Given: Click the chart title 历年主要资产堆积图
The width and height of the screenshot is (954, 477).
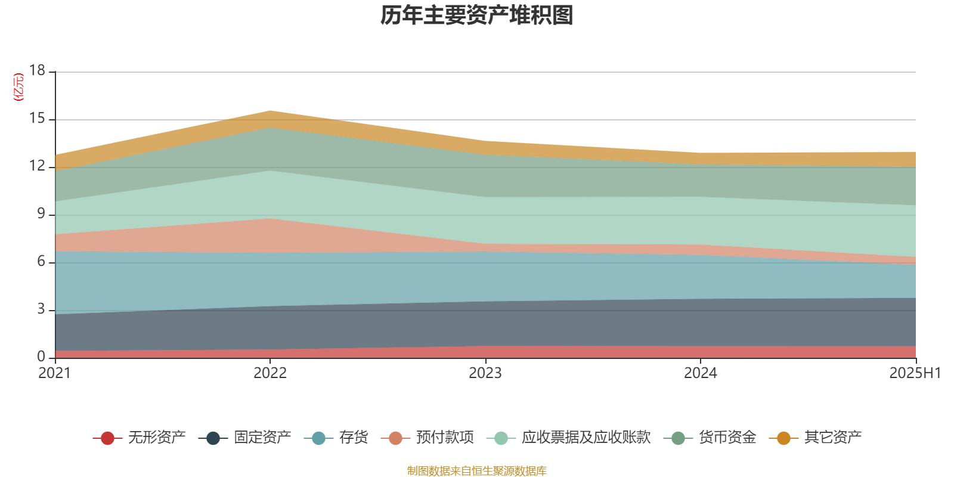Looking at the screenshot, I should coord(477,16).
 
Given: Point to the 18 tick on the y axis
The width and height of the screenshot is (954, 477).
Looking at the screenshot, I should coord(37,70).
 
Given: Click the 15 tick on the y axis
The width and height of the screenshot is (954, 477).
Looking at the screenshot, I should coord(37,119).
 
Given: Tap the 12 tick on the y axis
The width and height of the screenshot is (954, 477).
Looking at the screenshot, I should coord(37,166).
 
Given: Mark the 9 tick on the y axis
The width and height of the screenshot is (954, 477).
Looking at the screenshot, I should coord(41,213).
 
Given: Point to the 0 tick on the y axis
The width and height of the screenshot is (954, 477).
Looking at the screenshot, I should coord(41,357).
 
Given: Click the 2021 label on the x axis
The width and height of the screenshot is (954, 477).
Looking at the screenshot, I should coord(54,373).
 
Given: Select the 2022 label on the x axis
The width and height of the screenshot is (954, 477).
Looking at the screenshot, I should coord(270,373).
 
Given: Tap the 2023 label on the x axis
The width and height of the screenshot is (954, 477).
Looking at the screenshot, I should coord(485,373).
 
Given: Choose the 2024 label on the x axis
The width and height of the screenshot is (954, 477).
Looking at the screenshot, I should coord(701,373).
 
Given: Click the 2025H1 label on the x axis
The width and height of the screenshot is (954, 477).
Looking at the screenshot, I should coord(914,373).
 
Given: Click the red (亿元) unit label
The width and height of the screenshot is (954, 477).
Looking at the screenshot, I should coord(18,87).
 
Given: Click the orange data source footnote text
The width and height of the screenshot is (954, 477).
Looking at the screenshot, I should coord(477,471).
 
